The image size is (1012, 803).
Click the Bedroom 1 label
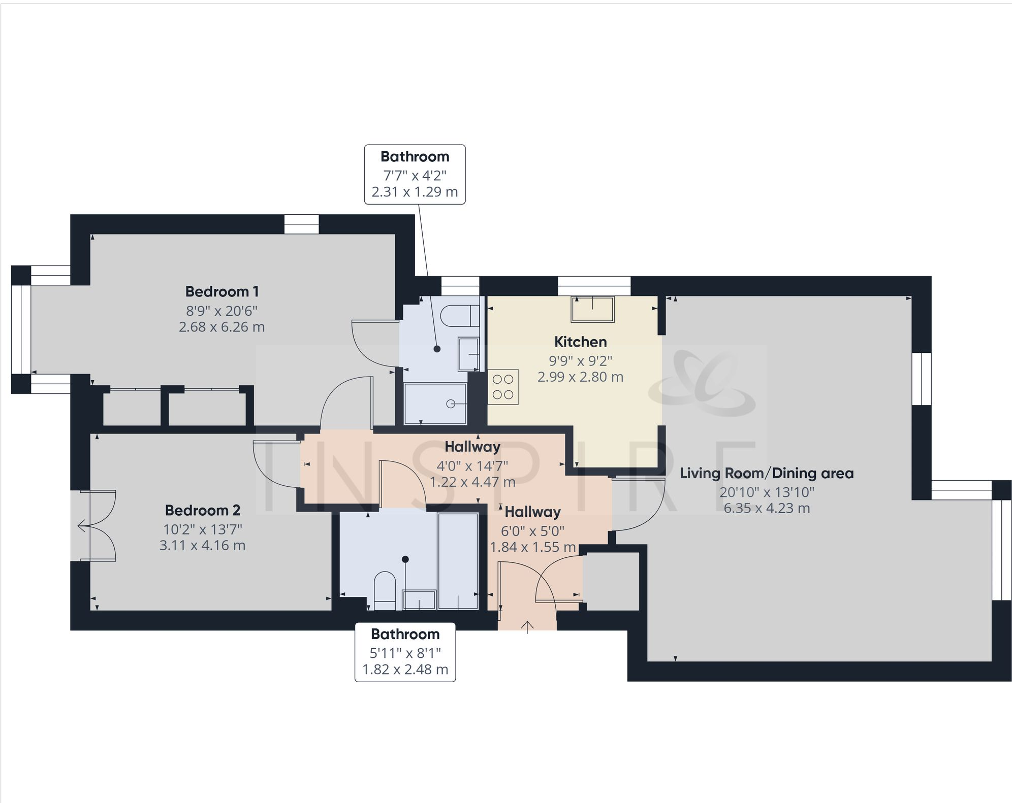point(222,292)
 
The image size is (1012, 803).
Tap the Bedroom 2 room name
point(202,510)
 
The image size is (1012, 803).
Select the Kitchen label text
point(580,342)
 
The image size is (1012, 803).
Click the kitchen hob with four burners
point(503,387)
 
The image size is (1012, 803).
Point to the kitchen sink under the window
point(592,310)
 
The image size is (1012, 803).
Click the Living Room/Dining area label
point(767,474)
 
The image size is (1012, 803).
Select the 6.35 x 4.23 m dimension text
point(767,508)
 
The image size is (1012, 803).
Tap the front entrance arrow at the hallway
point(527,627)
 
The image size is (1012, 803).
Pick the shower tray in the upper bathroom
point(435,404)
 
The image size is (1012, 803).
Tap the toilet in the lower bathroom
point(385,591)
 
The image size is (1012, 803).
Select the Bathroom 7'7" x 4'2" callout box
point(415,174)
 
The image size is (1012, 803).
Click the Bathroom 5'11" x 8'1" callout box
point(405,652)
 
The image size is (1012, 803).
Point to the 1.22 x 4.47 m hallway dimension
point(472,482)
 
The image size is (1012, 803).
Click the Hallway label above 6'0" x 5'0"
point(532,512)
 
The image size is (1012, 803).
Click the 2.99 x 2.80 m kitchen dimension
point(580,377)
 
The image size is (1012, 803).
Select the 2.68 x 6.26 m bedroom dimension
point(222,327)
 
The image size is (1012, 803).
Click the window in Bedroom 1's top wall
point(301,224)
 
